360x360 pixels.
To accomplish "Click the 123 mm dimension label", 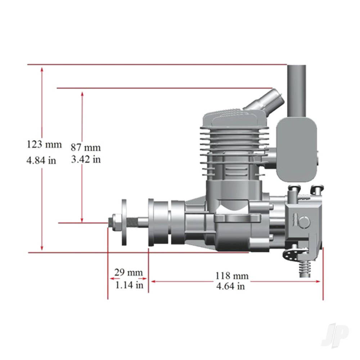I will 44,145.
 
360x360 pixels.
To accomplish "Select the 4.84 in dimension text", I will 41,160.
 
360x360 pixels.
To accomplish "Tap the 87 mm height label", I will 86,148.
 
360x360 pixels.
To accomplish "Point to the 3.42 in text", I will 86,159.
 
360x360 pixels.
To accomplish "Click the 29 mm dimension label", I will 129,272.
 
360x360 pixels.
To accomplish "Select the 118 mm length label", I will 232,276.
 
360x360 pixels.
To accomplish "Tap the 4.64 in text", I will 230,287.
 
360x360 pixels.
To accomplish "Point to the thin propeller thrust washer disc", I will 125,222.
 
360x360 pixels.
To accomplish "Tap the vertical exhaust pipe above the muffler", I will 296,90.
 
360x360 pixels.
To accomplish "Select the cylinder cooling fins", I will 234,144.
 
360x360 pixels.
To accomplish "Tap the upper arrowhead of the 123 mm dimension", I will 42,68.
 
